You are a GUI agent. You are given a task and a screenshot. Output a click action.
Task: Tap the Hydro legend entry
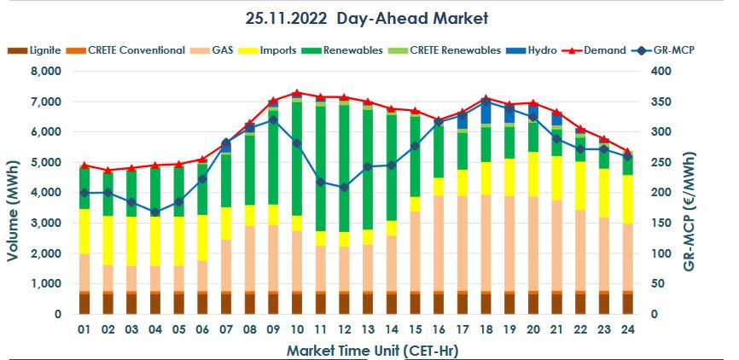(x=539, y=50)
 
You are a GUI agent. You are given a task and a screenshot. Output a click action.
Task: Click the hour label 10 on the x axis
(x=297, y=329)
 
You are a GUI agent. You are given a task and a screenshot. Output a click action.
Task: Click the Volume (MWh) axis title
(x=15, y=193)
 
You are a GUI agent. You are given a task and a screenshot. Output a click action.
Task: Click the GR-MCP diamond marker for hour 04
(x=154, y=212)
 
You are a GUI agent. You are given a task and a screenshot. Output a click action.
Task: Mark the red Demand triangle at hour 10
(x=297, y=92)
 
